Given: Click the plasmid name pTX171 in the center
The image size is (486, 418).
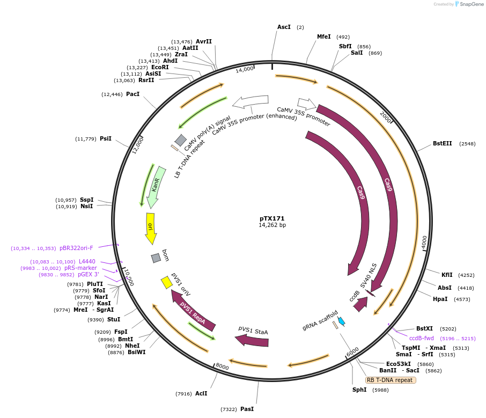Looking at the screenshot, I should click(272, 218).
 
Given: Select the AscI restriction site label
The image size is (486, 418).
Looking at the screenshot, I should click(284, 27).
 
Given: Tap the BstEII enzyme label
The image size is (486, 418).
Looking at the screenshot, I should click(443, 144).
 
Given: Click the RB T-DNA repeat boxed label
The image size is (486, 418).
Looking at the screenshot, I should click(390, 380).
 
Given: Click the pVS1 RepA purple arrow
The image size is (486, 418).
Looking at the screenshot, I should click(193, 310).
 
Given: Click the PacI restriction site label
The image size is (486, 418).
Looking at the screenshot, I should click(132, 94).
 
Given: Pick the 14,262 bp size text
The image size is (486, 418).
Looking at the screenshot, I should click(272, 225).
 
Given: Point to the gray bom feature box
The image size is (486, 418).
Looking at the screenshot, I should click(156, 258).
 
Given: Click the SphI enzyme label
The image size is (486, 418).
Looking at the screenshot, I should click(359, 390).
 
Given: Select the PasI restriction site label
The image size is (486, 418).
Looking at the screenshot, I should click(247, 409).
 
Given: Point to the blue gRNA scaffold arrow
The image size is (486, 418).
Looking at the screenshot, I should click(341, 321).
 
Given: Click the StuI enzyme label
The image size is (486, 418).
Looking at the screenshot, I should click(114, 320).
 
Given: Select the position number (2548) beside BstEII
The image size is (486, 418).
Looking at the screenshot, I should click(467, 144).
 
